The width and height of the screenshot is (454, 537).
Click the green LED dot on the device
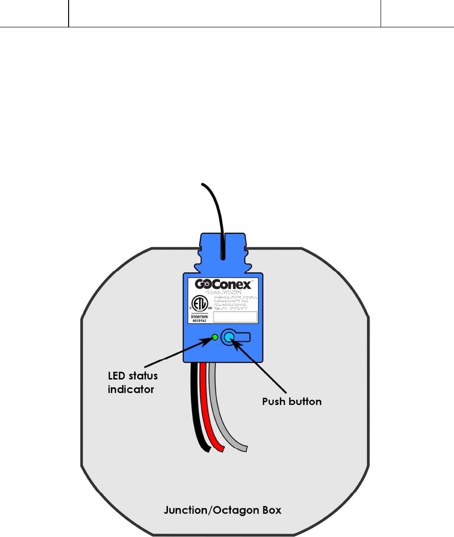point(214,337)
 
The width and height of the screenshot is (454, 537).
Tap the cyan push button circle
point(228,337)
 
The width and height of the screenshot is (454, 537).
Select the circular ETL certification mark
point(200,303)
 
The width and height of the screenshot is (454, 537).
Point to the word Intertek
point(200,316)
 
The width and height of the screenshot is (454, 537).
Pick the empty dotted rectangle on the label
point(235,317)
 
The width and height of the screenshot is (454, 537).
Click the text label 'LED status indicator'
point(132,382)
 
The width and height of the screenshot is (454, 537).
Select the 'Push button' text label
point(292,402)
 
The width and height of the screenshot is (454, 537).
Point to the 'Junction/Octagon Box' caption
point(222,510)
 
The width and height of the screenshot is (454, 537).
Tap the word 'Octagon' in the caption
point(234,510)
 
